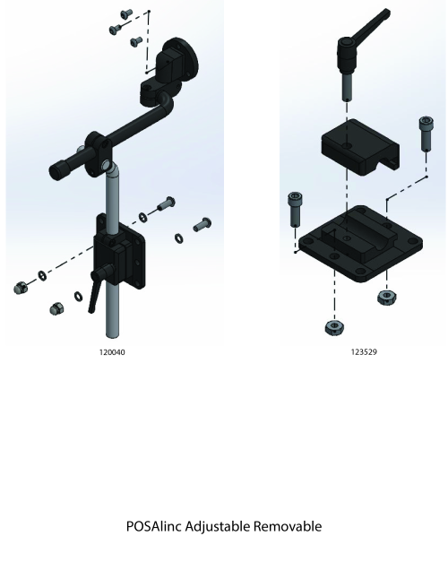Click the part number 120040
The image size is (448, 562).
click(112, 352)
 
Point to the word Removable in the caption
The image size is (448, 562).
click(288, 526)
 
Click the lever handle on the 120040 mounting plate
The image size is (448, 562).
click(93, 297)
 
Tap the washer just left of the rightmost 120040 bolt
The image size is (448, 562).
click(178, 238)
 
